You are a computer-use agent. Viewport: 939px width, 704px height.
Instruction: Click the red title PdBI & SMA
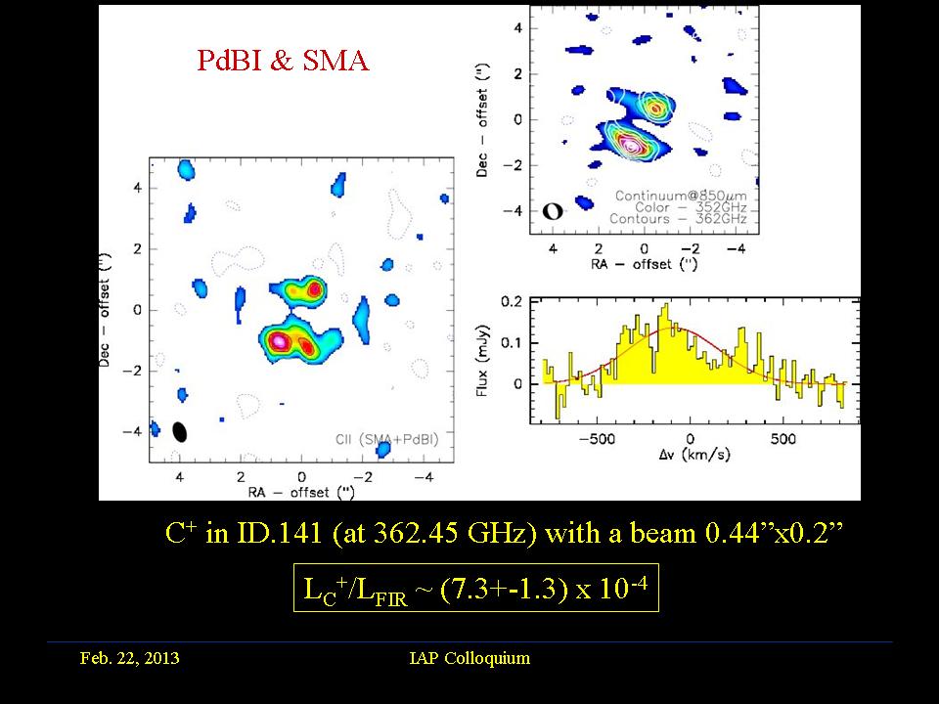point(283,61)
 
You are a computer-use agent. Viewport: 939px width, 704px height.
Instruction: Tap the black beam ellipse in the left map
point(180,431)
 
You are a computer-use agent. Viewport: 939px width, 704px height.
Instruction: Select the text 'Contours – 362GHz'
point(683,220)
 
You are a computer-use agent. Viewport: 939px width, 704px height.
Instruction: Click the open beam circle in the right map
point(553,210)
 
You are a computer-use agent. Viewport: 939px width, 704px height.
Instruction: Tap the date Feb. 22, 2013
point(129,658)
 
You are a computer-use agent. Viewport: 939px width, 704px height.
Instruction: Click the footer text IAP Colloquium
point(469,658)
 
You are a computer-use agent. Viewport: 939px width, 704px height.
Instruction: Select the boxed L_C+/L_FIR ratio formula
point(475,588)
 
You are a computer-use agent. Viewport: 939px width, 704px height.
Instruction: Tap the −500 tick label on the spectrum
point(598,438)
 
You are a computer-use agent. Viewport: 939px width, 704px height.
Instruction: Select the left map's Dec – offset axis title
point(107,309)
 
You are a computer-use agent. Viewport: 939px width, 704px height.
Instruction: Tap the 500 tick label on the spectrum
point(782,438)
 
